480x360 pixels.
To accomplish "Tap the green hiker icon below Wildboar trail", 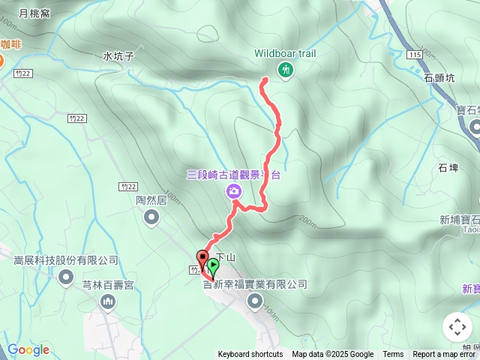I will coord(285,70).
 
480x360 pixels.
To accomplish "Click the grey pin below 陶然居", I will coord(151,217).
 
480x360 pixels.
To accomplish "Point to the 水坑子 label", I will coord(118,55).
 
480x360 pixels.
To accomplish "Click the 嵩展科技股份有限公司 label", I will coord(66,260).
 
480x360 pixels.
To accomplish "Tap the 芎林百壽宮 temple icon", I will coord(108,301).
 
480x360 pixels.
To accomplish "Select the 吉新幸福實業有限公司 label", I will coord(255,284).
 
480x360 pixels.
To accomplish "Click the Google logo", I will coord(28,349).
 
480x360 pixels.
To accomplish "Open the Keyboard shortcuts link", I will coord(250,355).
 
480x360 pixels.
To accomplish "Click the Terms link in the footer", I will coord(393,355).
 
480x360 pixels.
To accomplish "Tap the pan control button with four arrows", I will coord(457,327).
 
